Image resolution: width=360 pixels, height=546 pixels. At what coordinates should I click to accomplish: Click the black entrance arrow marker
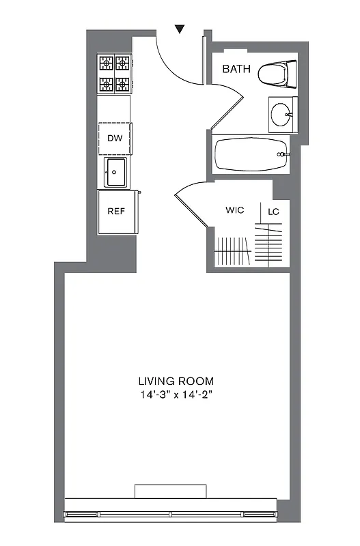180,29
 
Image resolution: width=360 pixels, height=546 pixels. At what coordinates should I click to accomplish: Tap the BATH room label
237,69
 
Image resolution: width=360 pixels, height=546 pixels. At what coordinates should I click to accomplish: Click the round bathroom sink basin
281,115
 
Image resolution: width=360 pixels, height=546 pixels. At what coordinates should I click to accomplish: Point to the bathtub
250,155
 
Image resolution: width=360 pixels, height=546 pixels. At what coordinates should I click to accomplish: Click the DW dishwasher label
115,139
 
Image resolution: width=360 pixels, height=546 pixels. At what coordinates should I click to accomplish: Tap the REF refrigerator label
116,211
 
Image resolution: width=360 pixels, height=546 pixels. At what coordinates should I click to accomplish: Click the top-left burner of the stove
107,64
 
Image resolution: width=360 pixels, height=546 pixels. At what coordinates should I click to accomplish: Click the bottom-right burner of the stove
123,84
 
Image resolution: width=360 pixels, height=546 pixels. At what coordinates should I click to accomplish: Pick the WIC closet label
235,210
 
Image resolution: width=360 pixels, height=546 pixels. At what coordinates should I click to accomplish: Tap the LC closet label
273,212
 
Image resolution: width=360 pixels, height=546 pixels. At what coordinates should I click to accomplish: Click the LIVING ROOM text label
176,381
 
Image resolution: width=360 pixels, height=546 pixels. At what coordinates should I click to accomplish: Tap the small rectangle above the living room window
170,491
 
